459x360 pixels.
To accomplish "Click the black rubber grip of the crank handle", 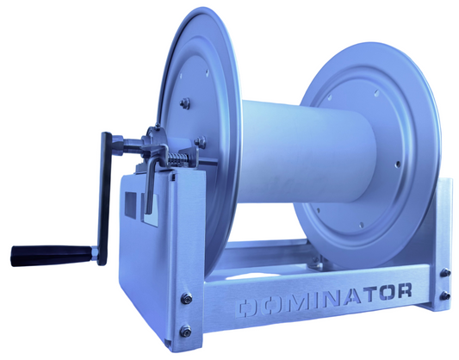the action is [x=51, y=255].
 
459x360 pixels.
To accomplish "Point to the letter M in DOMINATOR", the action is [x=296, y=302].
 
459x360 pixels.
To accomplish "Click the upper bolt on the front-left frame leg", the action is [x=187, y=299].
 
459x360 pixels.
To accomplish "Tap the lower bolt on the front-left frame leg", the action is [x=185, y=331].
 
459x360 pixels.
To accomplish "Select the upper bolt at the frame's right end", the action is [x=445, y=272].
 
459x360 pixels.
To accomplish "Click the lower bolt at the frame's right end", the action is [x=445, y=295].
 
